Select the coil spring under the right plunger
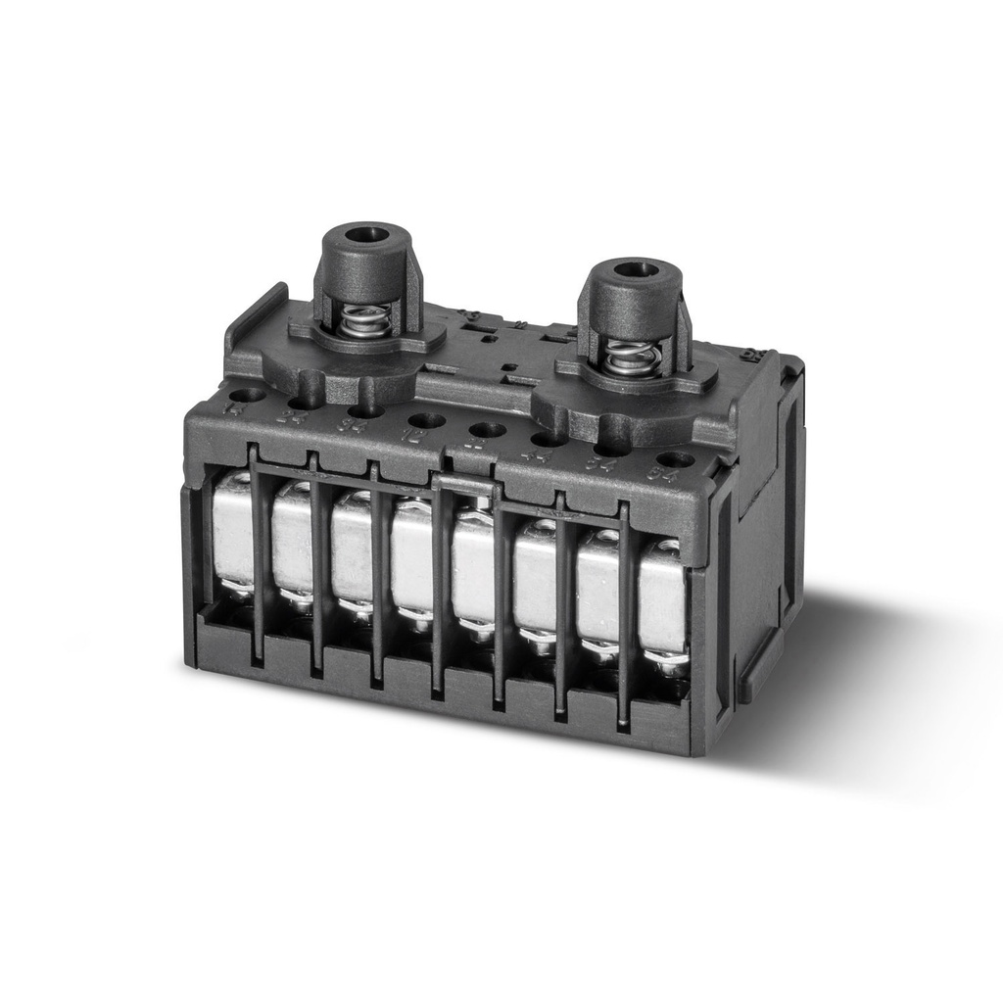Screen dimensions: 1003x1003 click(x=627, y=358)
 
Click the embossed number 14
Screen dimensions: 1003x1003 click(x=234, y=408)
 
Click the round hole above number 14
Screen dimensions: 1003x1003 click(x=247, y=395)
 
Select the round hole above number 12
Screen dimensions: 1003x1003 click(x=426, y=420)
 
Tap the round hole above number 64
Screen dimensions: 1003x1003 click(x=675, y=459)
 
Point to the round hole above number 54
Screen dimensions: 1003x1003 click(x=613, y=450)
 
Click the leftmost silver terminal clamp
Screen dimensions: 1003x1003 click(x=232, y=534)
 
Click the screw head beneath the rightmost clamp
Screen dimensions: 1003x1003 click(x=669, y=663)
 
